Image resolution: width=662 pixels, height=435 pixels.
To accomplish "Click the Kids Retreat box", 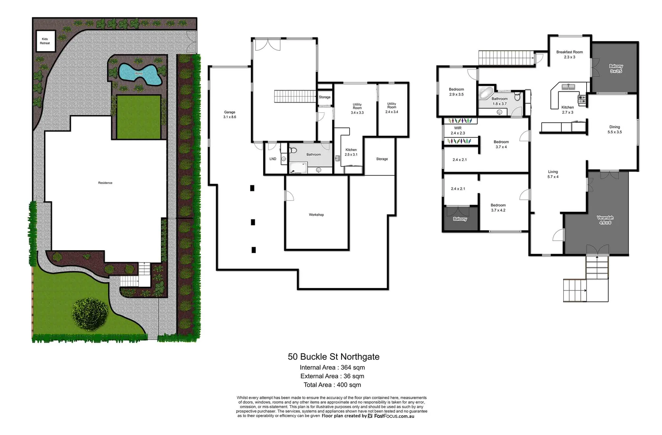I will coord(45,41).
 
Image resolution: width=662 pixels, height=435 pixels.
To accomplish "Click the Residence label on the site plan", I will coord(105,183).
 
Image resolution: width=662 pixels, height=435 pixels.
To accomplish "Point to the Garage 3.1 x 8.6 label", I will coord(229,115).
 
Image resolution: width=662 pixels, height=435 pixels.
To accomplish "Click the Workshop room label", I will coord(316,215).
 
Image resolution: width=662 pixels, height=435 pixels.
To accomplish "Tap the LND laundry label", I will coord(273,159).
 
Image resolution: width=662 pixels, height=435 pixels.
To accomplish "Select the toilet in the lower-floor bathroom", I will coord(293,150).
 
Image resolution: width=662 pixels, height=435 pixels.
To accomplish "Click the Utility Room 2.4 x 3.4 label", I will coord(391,108).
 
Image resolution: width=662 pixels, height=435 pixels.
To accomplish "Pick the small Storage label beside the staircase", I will coord(325,97).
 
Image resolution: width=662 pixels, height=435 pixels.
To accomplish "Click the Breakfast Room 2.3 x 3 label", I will coord(569,54).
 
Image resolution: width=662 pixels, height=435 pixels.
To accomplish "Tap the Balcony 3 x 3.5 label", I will coord(616,68).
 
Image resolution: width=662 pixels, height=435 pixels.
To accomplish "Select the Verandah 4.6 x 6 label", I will coord(605,220).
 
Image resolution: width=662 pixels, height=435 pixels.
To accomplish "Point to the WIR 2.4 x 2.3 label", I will coord(458,130).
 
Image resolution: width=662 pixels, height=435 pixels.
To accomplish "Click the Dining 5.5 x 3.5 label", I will coord(614,129).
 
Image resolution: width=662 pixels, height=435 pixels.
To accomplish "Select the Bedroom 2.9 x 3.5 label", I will coord(456,92).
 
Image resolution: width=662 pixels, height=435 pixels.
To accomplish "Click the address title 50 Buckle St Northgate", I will coord(333,356).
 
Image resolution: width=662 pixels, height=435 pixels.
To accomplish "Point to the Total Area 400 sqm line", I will coord(332,385).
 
